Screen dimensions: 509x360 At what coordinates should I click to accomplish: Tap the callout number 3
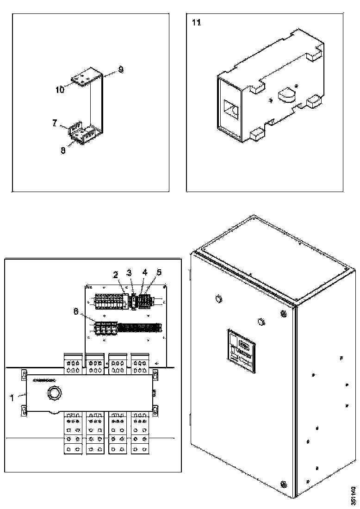pos(130,272)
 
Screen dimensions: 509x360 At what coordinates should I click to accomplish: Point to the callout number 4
pos(145,272)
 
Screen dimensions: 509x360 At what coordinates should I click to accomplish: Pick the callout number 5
pos(159,272)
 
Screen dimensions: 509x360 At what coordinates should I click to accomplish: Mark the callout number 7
pos(55,123)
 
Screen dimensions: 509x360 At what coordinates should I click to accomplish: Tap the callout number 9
pos(120,70)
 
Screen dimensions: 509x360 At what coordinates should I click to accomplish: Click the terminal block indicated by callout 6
pos(104,328)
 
